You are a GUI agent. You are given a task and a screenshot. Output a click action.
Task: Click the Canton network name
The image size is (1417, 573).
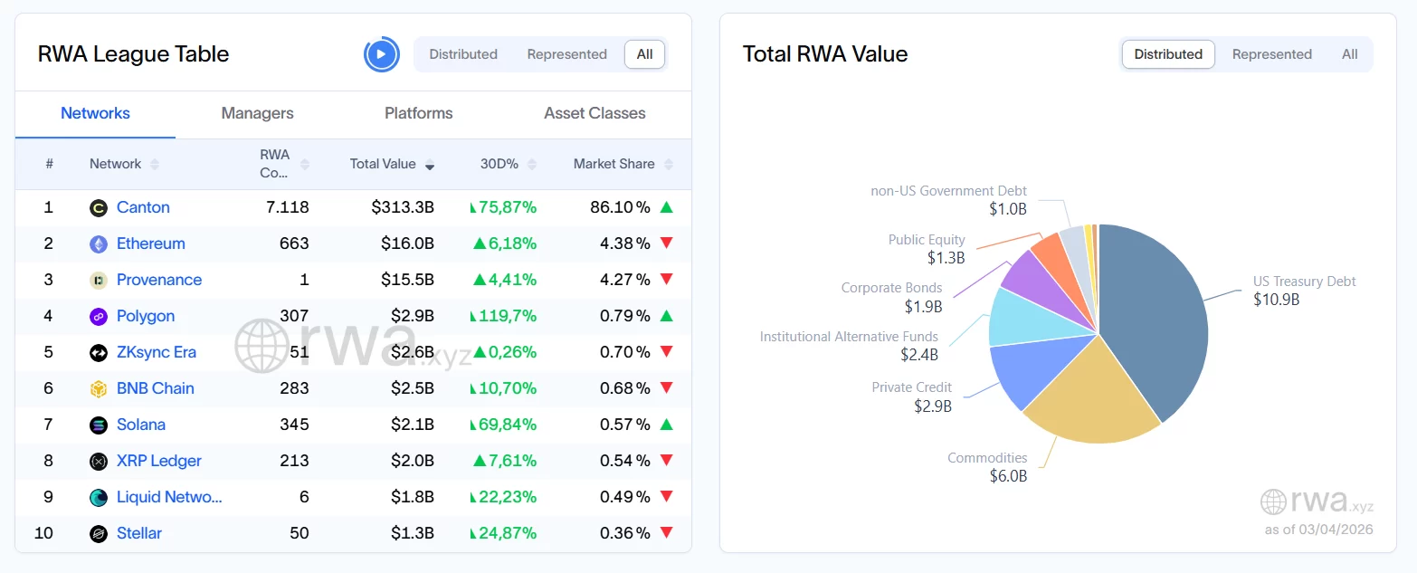coord(143,207)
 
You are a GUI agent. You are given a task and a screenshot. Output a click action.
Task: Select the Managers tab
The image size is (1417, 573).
coord(257,113)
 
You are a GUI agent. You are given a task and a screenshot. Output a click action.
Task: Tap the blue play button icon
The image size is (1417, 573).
coord(381,54)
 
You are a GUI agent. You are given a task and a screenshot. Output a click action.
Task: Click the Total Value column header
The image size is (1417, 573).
coord(383,164)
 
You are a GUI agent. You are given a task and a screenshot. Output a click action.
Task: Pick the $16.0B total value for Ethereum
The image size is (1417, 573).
coord(403,244)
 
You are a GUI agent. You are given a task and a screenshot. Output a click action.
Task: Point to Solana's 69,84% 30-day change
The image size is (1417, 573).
coord(504,425)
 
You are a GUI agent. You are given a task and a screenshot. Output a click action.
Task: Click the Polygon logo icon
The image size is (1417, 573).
coord(99,316)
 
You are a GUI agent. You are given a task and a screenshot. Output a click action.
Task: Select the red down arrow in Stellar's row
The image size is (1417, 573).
coord(667,533)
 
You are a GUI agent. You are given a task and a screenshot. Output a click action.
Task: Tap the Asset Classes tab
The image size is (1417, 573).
coord(594,113)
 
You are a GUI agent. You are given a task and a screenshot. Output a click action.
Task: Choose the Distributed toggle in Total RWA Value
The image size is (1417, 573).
coord(1168,54)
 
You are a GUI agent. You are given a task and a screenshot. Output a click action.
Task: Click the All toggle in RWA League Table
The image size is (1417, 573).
coord(644,54)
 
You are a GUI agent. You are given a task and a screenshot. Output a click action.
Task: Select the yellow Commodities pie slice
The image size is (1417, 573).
coord(1090,398)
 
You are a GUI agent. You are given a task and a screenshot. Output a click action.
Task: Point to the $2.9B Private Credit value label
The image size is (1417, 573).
coord(933,406)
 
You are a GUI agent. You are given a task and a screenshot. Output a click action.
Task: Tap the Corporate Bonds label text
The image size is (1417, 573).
coord(891,288)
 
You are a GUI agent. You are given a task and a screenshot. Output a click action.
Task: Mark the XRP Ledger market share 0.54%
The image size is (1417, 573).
coord(625,461)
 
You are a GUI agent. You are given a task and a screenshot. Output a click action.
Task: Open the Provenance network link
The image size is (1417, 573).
coord(159,280)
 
